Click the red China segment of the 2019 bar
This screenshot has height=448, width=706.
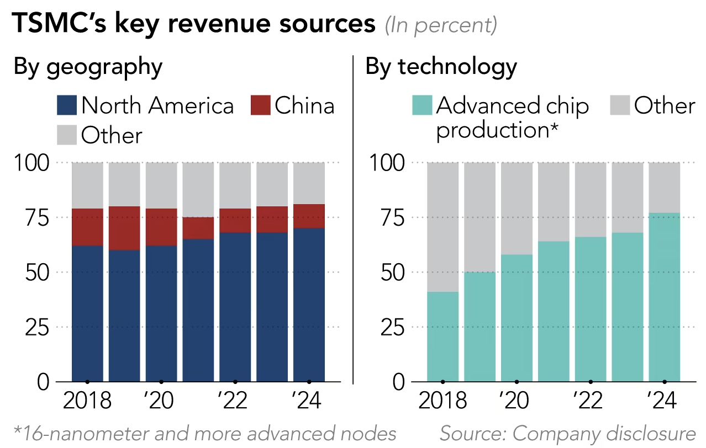click(124, 228)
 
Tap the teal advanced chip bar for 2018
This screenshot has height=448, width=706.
click(442, 337)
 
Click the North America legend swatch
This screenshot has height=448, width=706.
click(67, 105)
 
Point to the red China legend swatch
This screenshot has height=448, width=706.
click(260, 105)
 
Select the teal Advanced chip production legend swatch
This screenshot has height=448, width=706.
click(423, 105)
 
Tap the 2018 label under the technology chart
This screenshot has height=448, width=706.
click(442, 401)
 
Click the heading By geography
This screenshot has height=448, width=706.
click(88, 67)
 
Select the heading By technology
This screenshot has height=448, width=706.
click(441, 67)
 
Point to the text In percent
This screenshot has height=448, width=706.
click(440, 25)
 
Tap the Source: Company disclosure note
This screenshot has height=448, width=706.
click(567, 434)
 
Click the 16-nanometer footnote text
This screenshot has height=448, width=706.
click(204, 434)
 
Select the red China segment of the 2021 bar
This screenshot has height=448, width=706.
click(198, 228)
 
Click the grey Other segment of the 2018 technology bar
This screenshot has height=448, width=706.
click(442, 227)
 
